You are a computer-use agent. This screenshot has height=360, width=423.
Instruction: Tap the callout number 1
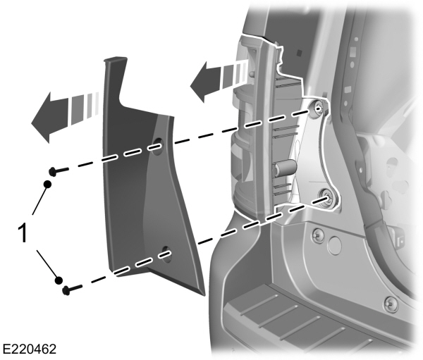click(23, 233)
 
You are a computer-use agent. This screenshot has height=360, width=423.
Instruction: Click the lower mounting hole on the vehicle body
click(328, 197)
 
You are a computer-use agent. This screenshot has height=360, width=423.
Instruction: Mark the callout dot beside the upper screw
click(48, 184)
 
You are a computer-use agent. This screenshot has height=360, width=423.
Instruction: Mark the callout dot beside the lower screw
click(59, 277)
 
